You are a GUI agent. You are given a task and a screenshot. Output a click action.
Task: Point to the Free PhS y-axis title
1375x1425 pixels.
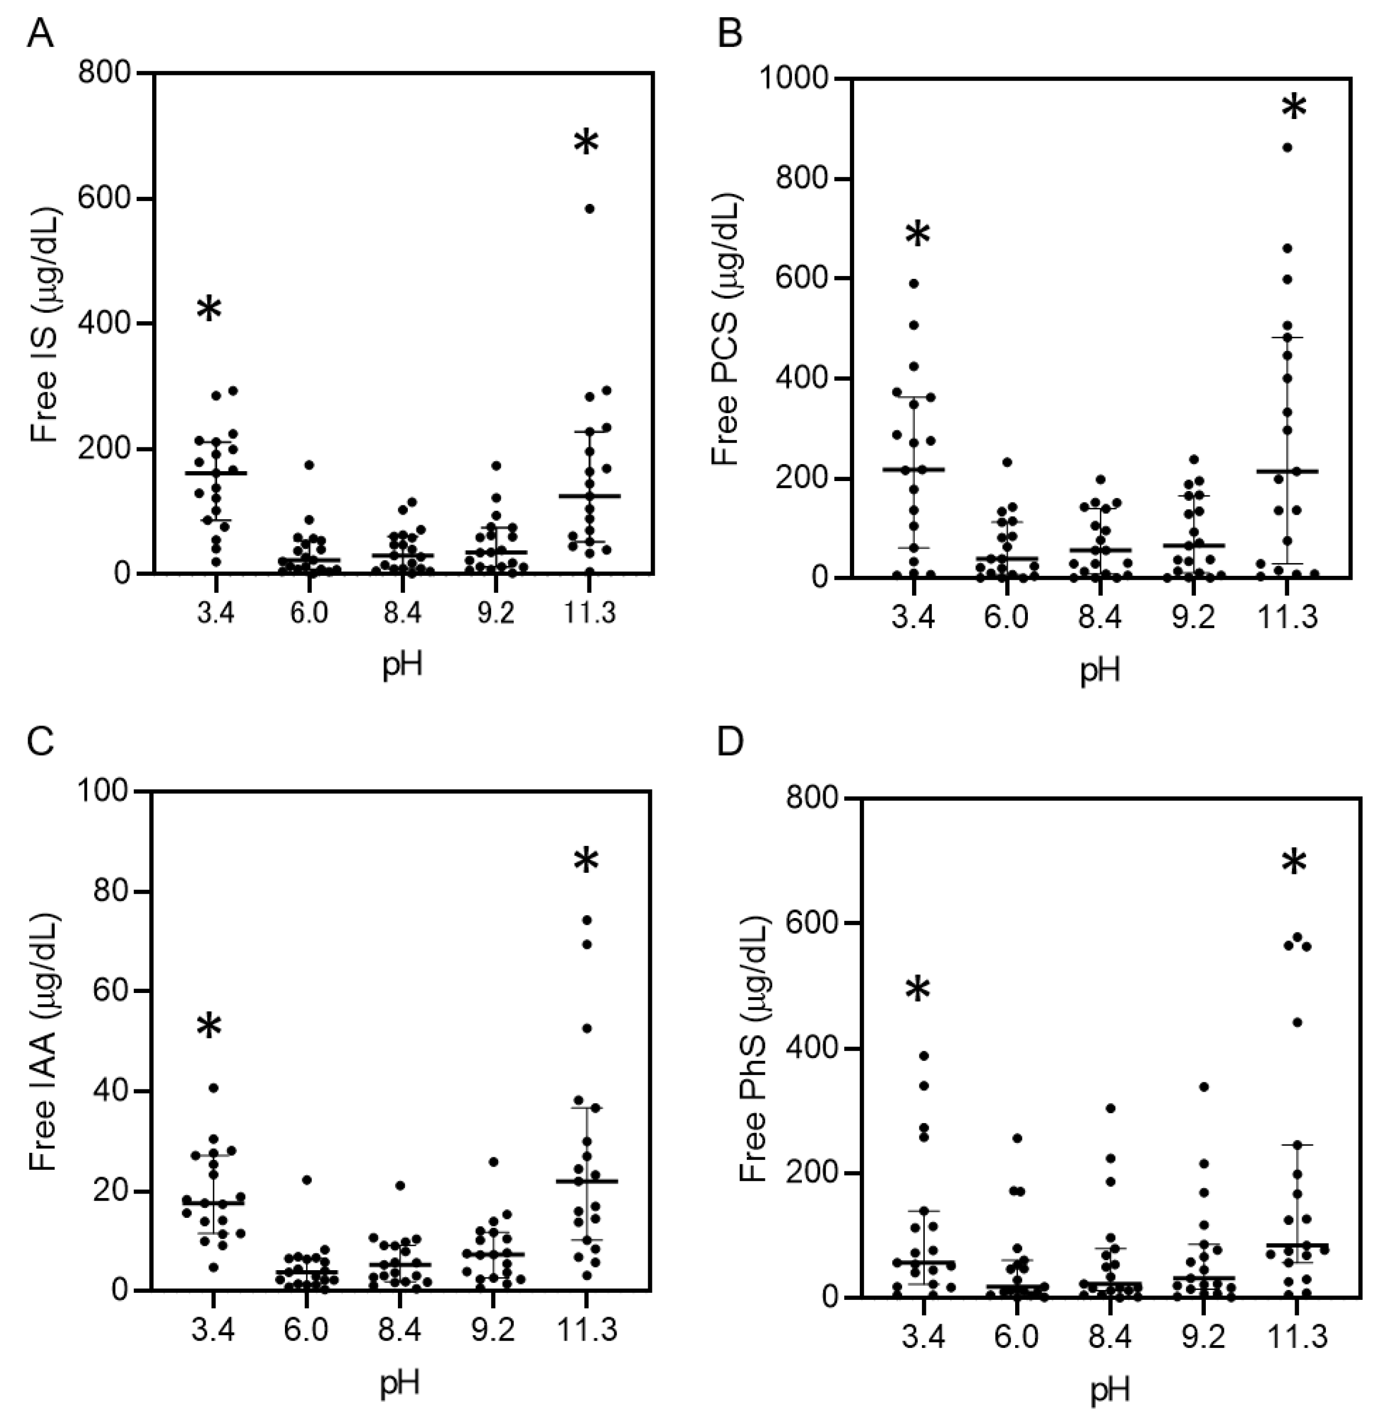point(753,1048)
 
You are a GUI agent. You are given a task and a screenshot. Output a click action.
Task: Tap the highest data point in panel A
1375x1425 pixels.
point(590,209)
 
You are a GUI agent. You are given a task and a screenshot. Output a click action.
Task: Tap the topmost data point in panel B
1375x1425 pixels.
point(1286,148)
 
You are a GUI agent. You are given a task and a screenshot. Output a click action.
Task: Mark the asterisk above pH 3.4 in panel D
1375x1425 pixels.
point(918,990)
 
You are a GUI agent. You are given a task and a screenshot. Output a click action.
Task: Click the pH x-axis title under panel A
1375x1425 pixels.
point(402,665)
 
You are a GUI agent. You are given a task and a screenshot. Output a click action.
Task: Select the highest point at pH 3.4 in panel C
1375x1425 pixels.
point(214,1088)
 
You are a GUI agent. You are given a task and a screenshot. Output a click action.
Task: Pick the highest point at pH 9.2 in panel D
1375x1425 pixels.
point(1204,1086)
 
